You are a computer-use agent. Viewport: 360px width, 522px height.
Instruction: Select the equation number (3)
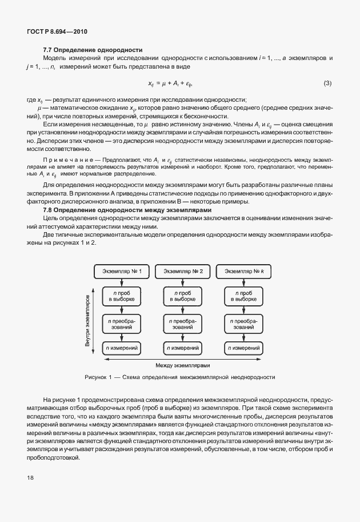(x=327, y=83)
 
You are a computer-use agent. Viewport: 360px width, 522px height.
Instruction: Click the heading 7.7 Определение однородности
(x=93, y=50)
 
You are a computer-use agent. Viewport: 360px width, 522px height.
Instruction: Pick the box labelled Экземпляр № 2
(x=183, y=271)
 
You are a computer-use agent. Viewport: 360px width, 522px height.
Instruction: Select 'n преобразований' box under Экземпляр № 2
(x=183, y=324)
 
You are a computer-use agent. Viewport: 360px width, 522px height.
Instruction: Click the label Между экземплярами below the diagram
(x=183, y=365)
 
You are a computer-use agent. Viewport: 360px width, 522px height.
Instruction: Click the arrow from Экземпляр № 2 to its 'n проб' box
(x=183, y=281)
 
